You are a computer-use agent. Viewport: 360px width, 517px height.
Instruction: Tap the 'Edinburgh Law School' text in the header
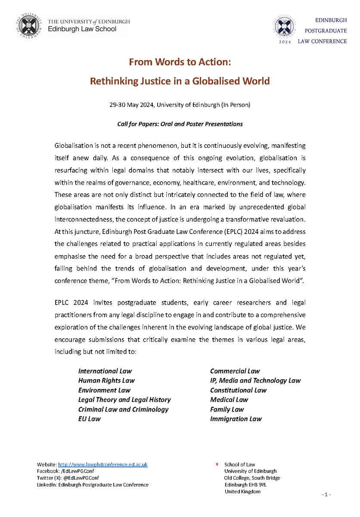[82, 29]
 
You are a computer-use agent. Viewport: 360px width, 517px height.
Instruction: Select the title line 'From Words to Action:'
[180, 62]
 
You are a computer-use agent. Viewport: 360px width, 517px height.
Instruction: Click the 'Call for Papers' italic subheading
[180, 124]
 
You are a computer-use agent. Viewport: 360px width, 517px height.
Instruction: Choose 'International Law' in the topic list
[105, 371]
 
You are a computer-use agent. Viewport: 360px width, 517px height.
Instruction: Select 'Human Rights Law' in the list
[106, 380]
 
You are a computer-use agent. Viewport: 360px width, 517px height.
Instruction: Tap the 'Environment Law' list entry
[104, 390]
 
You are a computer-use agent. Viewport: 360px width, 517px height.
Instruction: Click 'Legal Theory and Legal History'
[124, 400]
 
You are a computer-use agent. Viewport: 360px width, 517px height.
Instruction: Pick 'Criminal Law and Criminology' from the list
[123, 409]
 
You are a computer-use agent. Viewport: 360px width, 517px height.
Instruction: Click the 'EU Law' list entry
[89, 419]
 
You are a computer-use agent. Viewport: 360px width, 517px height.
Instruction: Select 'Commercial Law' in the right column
[235, 371]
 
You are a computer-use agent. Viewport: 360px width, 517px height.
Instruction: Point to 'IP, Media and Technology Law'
[255, 380]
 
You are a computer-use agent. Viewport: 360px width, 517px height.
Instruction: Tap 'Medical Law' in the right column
[229, 400]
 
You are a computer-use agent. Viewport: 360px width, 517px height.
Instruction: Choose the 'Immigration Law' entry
[236, 419]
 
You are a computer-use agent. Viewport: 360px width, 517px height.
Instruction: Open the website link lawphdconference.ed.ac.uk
[103, 464]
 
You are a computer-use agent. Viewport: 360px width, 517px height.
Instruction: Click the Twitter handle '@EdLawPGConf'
[82, 478]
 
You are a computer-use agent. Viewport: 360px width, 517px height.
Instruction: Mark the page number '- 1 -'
[326, 494]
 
